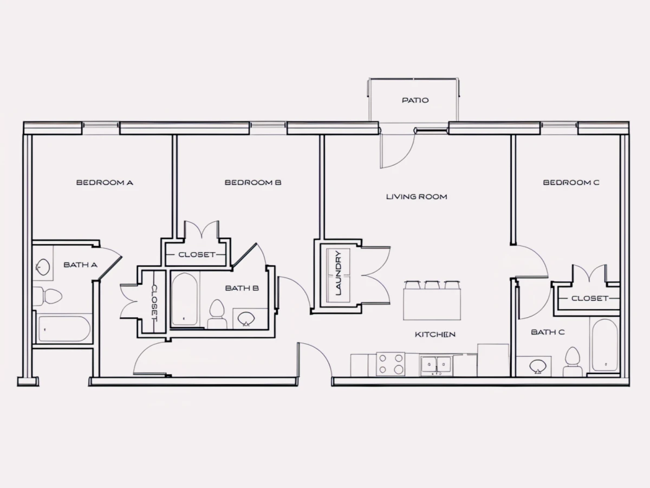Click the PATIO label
tap(415, 100)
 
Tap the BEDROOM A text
tap(105, 183)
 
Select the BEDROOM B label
tap(253, 183)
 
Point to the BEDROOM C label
tap(571, 183)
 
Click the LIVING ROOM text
tap(417, 197)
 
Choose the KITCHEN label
tap(435, 335)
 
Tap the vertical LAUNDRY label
tap(339, 273)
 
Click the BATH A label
tap(81, 265)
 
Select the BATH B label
tap(242, 288)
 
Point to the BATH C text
tap(548, 332)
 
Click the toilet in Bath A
tap(47, 296)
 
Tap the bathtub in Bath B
tap(185, 299)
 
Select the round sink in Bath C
tap(538, 367)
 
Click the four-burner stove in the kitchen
tap(391, 364)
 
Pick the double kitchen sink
tap(436, 365)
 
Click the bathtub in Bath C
tap(604, 345)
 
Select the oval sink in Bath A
tap(43, 267)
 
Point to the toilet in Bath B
tap(217, 314)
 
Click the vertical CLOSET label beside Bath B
tap(154, 303)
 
